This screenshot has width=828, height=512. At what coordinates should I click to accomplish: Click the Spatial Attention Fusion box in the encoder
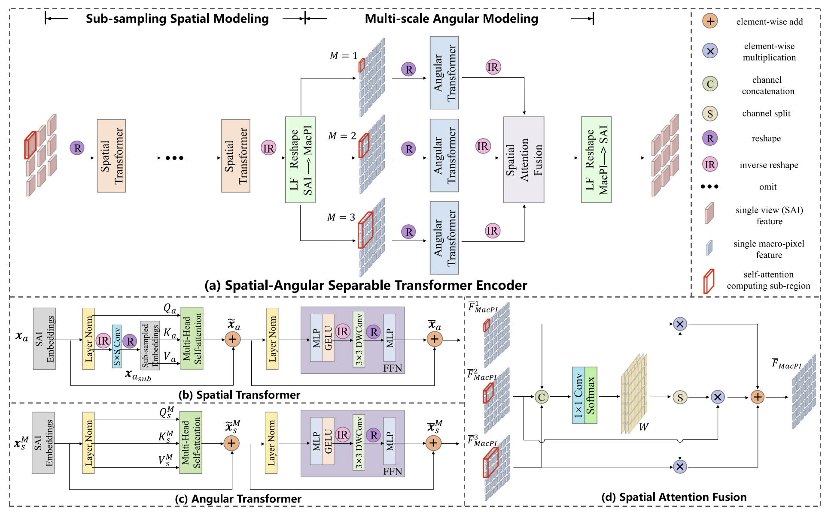(x=524, y=160)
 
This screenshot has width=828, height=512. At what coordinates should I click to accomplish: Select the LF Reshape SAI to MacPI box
(x=300, y=160)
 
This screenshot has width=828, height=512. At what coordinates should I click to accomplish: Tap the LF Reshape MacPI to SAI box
(x=596, y=160)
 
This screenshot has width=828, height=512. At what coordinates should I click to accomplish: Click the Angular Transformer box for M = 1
(x=444, y=72)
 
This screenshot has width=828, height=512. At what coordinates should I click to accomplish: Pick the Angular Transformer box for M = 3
(x=444, y=238)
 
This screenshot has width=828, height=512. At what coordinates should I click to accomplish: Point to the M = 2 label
(x=342, y=136)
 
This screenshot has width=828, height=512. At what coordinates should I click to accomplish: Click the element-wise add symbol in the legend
(x=710, y=21)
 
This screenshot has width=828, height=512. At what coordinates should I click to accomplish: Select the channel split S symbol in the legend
(x=710, y=114)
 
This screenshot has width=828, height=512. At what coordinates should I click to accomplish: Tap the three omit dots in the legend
(x=709, y=187)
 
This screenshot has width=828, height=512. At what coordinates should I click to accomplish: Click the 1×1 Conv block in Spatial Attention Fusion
(x=578, y=395)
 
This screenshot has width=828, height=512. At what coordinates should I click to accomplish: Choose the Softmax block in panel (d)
(x=591, y=395)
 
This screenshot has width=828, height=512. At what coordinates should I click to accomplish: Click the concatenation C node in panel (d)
(x=542, y=397)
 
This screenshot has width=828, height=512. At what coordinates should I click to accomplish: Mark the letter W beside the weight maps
(x=643, y=427)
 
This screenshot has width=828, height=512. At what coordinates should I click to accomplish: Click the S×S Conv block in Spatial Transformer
(x=117, y=346)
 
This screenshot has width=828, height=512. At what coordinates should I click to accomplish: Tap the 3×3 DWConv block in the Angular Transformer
(x=359, y=442)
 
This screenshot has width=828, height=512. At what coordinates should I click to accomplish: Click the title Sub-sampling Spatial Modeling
(x=177, y=18)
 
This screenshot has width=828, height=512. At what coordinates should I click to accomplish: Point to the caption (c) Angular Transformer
(x=238, y=499)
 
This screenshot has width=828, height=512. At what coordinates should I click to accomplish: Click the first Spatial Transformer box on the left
(x=111, y=156)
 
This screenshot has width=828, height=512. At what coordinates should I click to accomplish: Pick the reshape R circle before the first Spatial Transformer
(x=77, y=148)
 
